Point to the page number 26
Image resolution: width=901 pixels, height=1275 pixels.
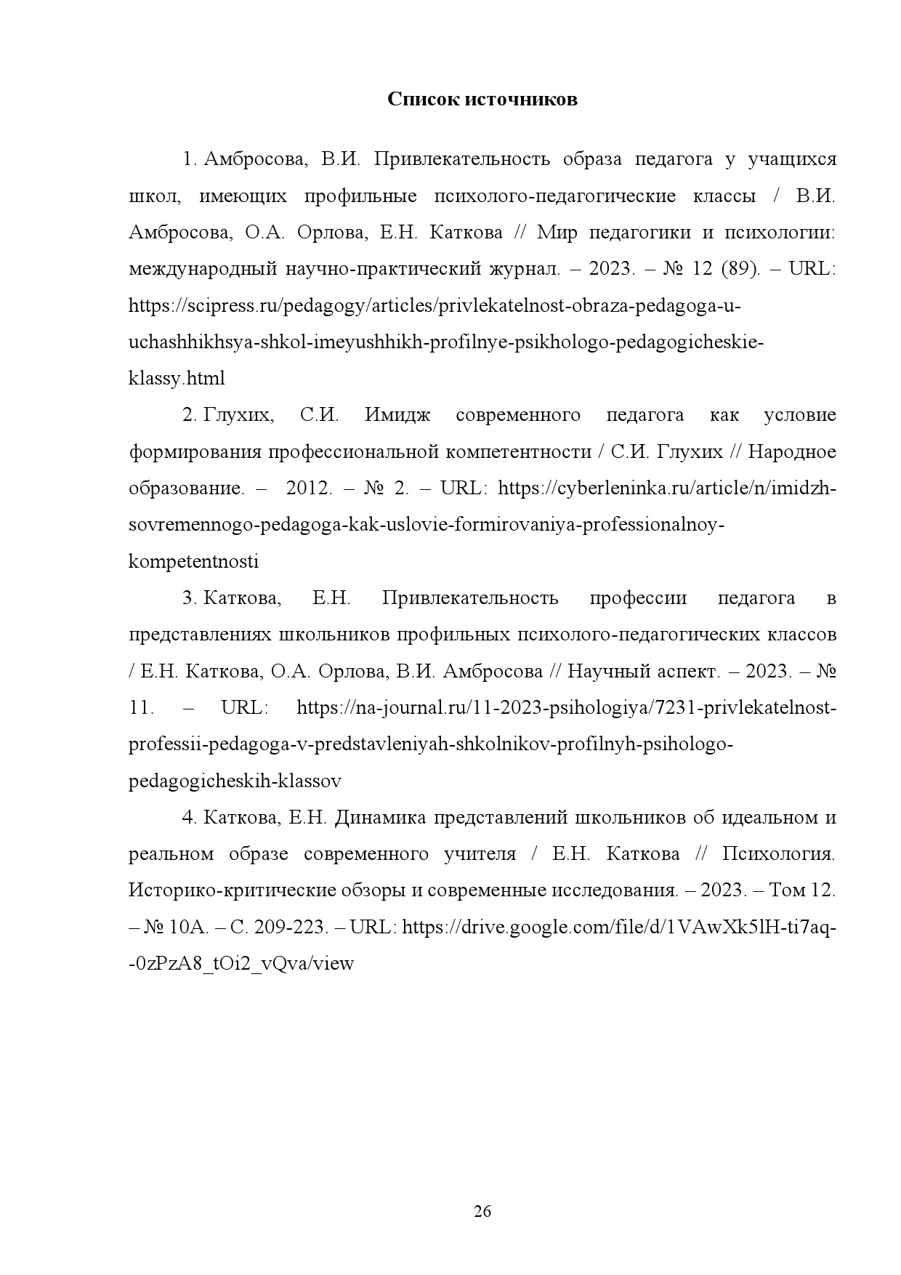click(x=482, y=1211)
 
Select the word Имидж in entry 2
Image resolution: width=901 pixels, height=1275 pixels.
click(x=397, y=415)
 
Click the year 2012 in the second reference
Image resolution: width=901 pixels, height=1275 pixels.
click(x=309, y=488)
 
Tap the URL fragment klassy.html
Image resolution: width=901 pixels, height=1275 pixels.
click(x=177, y=378)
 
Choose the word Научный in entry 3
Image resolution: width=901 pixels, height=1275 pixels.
click(x=600, y=671)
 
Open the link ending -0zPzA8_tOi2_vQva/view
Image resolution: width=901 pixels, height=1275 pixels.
click(x=241, y=964)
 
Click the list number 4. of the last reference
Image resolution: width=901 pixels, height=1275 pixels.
click(x=190, y=817)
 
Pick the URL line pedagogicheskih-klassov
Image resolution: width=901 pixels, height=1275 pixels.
click(x=235, y=781)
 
